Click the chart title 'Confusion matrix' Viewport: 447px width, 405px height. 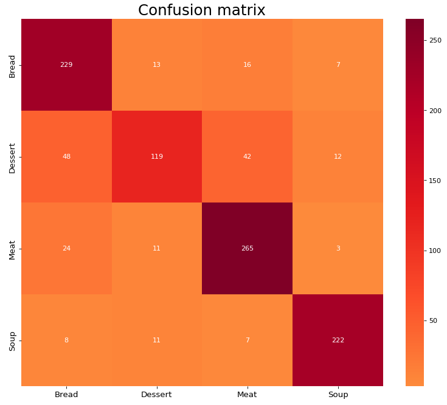click(x=202, y=10)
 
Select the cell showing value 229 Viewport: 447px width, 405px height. click(x=66, y=65)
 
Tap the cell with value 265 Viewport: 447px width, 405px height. click(x=247, y=248)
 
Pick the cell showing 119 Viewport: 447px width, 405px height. click(x=156, y=156)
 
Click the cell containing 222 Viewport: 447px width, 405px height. click(x=338, y=340)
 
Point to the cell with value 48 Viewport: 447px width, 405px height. click(x=66, y=156)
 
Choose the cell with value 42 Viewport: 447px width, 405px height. click(x=247, y=156)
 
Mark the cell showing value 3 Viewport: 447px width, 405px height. click(x=338, y=248)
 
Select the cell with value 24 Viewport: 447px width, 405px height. click(x=66, y=248)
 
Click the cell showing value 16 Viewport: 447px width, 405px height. click(x=247, y=65)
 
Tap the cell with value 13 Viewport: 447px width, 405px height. click(x=156, y=65)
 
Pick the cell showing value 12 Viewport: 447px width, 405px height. click(x=338, y=156)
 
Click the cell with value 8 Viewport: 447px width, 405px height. click(x=66, y=340)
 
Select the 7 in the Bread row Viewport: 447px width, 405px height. click(x=338, y=65)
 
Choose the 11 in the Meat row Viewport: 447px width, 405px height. click(x=156, y=248)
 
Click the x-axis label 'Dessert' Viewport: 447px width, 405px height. click(x=156, y=395)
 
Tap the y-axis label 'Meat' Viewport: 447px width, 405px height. click(x=12, y=249)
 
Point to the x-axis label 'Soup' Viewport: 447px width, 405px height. click(x=338, y=395)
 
